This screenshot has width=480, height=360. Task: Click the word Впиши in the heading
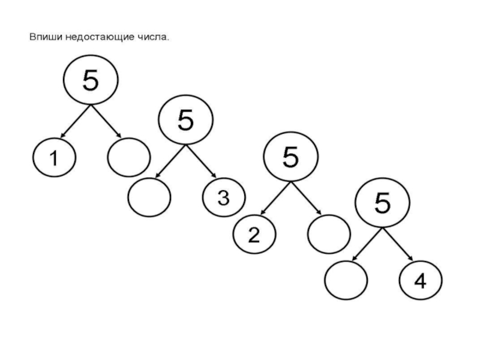[44, 38]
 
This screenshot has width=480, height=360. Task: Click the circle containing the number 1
[53, 158]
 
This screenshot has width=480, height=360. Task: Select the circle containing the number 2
[254, 235]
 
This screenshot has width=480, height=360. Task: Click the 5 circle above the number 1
[90, 80]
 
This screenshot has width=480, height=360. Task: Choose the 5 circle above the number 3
[185, 120]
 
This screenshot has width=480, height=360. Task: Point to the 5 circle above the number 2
[290, 157]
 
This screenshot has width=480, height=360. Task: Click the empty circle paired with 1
[128, 157]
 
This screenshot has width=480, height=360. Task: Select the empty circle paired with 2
[328, 234]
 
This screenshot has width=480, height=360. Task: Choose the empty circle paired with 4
[346, 280]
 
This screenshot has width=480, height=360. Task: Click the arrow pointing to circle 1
[74, 121]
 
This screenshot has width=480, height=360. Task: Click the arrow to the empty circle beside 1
[106, 121]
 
